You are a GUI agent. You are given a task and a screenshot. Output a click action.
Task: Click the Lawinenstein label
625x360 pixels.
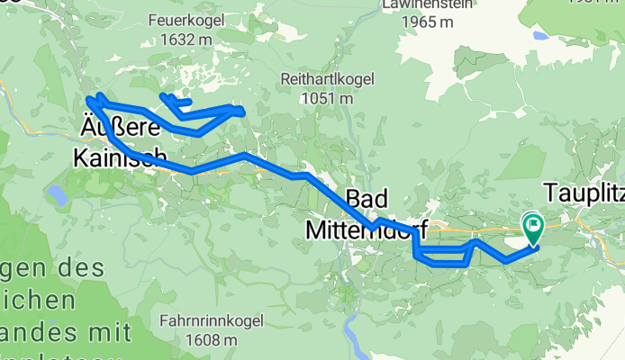416,4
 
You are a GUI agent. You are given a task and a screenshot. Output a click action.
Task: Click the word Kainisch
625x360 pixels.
113,157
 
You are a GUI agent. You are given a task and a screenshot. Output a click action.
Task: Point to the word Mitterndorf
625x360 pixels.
366,229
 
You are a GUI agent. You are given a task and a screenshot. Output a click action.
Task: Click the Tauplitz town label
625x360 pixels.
583,193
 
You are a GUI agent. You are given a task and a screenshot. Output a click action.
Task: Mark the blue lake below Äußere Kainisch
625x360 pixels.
57,194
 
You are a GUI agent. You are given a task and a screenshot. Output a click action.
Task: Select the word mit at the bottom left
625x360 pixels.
111,334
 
